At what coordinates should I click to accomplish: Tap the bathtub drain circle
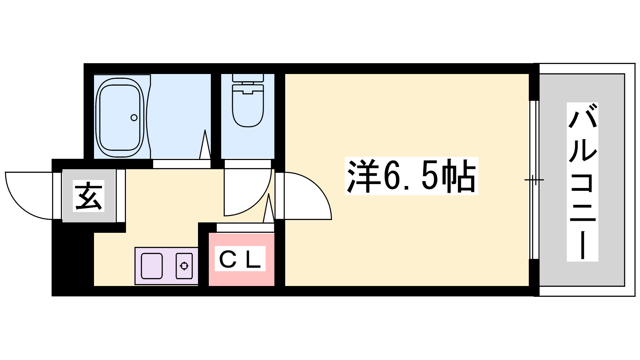click(x=134, y=118)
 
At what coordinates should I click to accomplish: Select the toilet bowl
click(x=248, y=106)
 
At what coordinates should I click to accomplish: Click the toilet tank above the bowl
click(x=248, y=78)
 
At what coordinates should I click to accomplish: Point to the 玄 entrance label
click(x=88, y=196)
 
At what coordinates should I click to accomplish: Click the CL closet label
click(x=240, y=258)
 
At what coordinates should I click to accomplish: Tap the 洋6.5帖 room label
click(x=412, y=176)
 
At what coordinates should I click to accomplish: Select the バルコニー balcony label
click(x=582, y=182)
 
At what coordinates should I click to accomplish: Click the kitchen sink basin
click(x=152, y=266)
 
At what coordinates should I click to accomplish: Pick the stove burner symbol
click(x=184, y=266)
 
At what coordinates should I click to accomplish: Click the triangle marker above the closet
click(x=268, y=208)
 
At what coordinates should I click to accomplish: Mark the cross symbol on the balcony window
click(x=534, y=180)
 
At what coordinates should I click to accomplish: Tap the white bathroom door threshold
click(x=182, y=164)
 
